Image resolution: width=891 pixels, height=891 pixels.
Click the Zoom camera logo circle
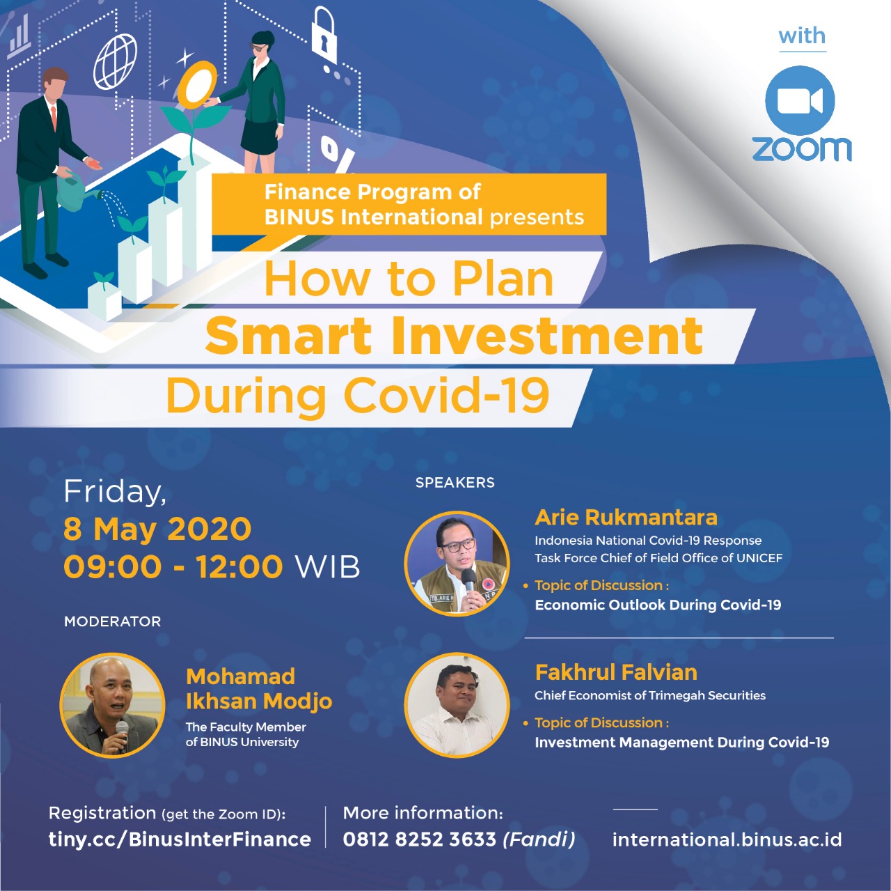(799, 100)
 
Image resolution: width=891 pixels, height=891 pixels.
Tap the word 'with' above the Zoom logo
(802, 36)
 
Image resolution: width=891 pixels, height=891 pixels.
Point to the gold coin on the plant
(198, 84)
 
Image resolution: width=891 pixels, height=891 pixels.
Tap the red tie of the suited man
(54, 118)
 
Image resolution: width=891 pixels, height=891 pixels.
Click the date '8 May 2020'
(157, 529)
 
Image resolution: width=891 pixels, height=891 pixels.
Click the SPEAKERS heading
(455, 483)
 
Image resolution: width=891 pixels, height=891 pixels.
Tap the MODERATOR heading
(112, 621)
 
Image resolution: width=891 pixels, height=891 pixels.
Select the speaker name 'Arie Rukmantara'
(626, 518)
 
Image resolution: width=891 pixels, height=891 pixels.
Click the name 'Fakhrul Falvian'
(616, 672)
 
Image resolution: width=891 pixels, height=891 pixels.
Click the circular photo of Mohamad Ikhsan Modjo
(112, 704)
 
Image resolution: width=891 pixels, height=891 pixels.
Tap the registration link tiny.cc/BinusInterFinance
(180, 839)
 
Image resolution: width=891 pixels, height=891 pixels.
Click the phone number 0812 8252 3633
(419, 839)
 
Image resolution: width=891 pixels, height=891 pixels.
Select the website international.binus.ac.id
(727, 839)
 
